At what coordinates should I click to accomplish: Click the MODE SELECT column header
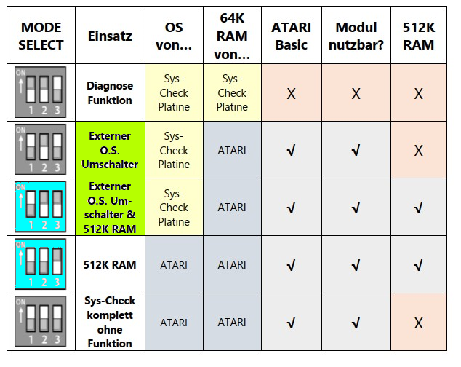[x=41, y=36]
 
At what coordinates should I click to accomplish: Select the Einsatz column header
[x=110, y=36]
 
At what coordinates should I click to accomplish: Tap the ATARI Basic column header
[x=291, y=36]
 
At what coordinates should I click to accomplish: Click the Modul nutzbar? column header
[x=356, y=36]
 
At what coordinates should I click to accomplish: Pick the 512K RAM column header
[x=418, y=36]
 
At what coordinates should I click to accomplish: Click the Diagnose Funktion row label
[x=110, y=92]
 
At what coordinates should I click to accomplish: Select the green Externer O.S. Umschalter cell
[x=110, y=150]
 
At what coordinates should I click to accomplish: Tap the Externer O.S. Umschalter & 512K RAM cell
[x=110, y=207]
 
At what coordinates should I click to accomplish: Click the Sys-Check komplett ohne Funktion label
[x=110, y=322]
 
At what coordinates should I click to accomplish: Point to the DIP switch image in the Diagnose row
[x=41, y=92]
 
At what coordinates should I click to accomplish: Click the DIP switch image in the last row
[x=41, y=322]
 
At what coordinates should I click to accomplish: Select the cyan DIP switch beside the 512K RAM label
[x=41, y=264]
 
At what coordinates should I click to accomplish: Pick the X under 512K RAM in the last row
[x=418, y=323]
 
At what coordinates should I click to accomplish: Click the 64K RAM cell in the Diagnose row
[x=232, y=92]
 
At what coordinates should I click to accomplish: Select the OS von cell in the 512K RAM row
[x=174, y=265]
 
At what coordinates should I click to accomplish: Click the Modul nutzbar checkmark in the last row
[x=356, y=323]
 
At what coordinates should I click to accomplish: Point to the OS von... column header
[x=174, y=36]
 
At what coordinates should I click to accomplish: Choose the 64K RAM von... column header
[x=232, y=36]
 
